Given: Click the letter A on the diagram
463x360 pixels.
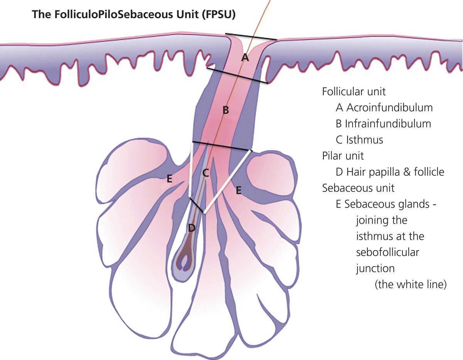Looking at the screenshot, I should click(x=244, y=58).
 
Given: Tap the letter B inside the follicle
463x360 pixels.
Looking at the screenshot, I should click(x=226, y=111).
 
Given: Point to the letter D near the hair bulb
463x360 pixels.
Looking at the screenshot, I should click(x=191, y=228).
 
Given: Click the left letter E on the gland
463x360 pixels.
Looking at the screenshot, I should click(x=169, y=179).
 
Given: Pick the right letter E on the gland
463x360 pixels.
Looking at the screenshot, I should click(x=238, y=190).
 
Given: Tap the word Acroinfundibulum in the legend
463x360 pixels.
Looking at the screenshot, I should click(x=389, y=108).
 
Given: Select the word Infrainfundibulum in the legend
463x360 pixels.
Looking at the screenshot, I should click(x=388, y=123).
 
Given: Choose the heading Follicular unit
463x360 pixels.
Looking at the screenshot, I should click(x=354, y=92).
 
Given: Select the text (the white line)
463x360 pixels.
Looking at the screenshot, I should click(x=410, y=285).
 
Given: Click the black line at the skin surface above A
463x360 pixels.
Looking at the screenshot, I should click(x=251, y=37).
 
